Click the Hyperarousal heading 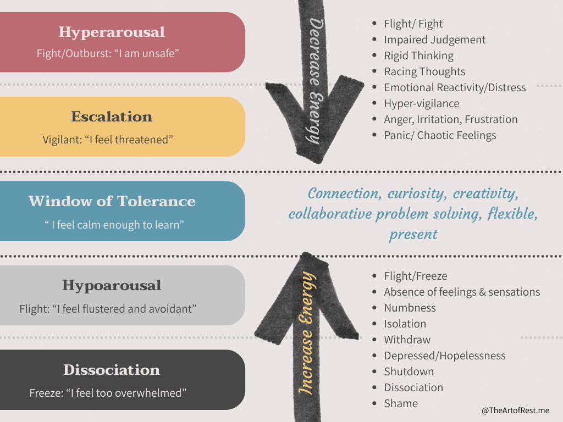pos(112,32)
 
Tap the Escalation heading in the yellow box pos(112,116)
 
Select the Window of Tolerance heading pos(112,201)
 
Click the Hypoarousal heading pos(112,286)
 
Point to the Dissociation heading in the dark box pos(112,370)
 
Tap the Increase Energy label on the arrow pos(308,333)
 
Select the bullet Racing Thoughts pos(424,71)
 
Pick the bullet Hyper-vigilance pos(421,103)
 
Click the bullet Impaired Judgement pos(434,40)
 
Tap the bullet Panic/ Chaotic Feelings pos(440,135)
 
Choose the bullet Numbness pos(410,308)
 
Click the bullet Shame pos(401,403)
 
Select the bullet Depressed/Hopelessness pos(444,356)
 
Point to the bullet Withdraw pos(407,340)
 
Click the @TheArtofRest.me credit pos(515,410)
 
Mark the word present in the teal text pos(413,235)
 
